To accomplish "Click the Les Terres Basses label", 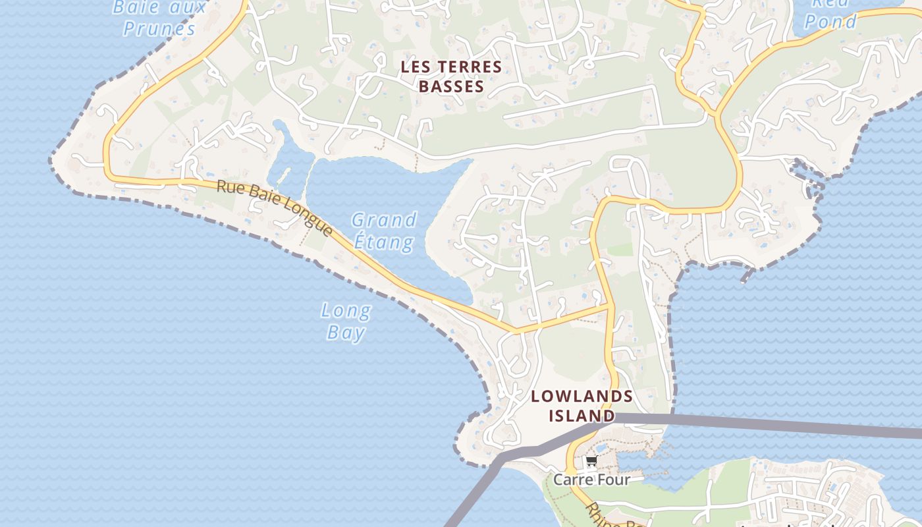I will [x=451, y=76].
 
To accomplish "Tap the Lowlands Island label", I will [x=582, y=406].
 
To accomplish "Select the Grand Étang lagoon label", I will [x=384, y=231].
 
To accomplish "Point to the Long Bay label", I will [x=346, y=321].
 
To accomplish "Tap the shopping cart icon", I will [x=591, y=462].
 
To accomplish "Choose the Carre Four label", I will [x=591, y=480].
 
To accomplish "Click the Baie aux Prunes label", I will [x=160, y=18].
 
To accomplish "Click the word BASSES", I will [x=451, y=86].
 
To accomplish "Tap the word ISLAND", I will [x=582, y=416].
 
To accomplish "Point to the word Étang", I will [x=384, y=242].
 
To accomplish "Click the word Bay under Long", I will [x=346, y=333].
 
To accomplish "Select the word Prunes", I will [x=160, y=28].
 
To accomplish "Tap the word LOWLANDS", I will [x=582, y=397].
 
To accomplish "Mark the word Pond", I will [x=831, y=22].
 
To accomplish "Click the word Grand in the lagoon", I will [x=384, y=219].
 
